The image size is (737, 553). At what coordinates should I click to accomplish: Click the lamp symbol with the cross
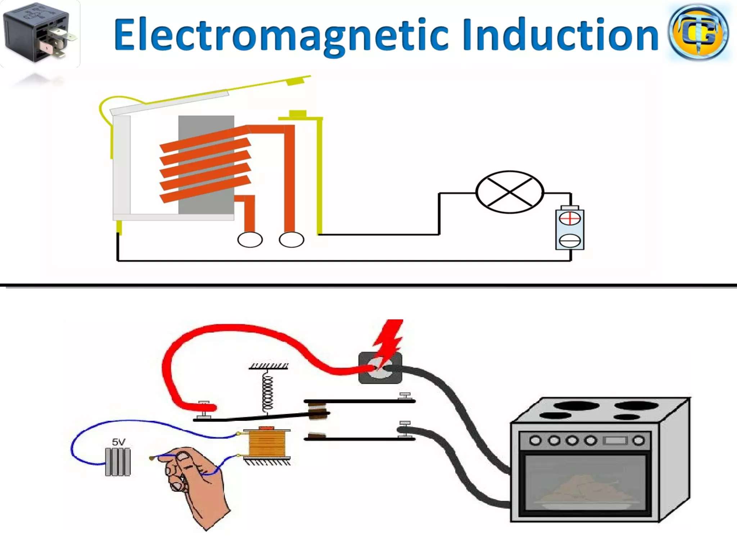510,192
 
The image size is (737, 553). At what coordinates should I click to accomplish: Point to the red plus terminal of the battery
570,219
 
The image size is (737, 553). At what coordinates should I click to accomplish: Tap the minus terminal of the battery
570,240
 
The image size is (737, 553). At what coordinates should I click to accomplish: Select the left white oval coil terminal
250,240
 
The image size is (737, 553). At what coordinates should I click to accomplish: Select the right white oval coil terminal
291,240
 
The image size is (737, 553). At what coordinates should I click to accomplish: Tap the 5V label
118,442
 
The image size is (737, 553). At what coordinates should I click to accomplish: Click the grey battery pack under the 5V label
118,462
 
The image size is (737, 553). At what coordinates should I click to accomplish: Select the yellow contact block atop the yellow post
298,114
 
